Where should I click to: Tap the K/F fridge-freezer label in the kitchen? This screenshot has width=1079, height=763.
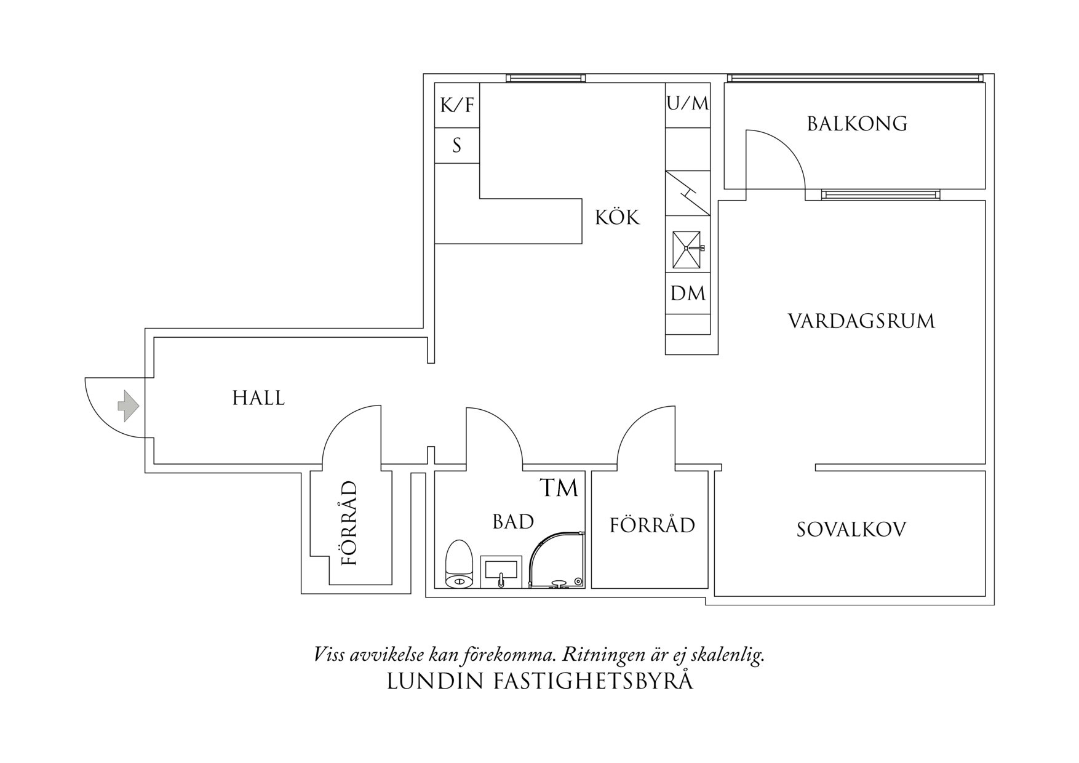(457, 105)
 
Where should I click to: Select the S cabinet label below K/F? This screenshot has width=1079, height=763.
(456, 146)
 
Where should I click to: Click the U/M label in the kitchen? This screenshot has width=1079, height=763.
(688, 103)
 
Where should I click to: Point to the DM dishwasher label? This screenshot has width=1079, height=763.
(688, 294)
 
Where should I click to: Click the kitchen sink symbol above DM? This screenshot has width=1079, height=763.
(687, 250)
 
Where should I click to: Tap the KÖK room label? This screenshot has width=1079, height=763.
(617, 217)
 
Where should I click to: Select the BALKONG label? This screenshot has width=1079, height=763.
(857, 124)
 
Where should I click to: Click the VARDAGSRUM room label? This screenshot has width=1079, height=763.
(861, 321)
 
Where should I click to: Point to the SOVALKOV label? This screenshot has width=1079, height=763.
(851, 530)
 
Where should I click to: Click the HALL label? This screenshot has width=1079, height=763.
(258, 398)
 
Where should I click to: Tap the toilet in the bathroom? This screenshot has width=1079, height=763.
(458, 564)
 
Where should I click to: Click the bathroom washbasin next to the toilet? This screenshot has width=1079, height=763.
(501, 572)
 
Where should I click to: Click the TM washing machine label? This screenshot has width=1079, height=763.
(559, 488)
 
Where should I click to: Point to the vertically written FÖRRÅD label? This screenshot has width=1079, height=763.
(349, 524)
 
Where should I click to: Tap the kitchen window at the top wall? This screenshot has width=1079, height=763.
(546, 78)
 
